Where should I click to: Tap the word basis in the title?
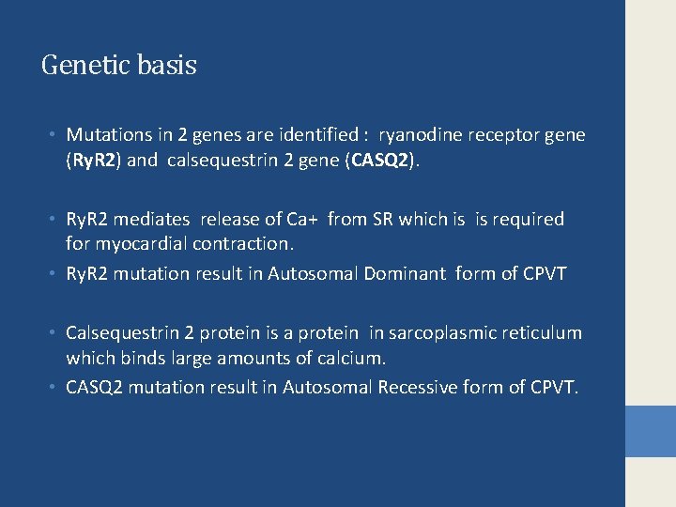(x=166, y=66)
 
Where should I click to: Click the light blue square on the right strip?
(x=651, y=431)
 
